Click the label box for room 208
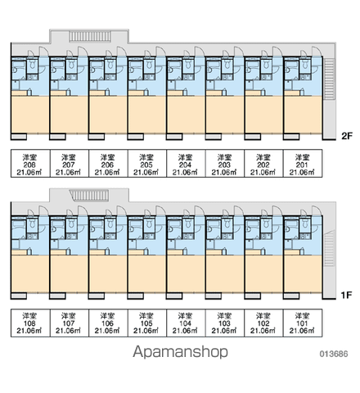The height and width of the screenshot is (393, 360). click(x=30, y=164)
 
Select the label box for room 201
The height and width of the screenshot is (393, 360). click(x=303, y=164)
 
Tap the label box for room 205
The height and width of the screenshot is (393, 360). click(x=147, y=164)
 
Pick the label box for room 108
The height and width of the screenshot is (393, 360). click(x=30, y=323)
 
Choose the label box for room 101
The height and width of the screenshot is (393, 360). click(x=303, y=323)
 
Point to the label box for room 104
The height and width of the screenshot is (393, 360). click(x=186, y=323)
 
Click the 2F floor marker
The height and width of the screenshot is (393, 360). click(x=347, y=136)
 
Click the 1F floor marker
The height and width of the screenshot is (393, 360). click(x=346, y=295)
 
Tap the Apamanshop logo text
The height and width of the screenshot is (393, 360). click(x=180, y=352)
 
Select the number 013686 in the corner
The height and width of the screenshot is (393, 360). click(x=334, y=354)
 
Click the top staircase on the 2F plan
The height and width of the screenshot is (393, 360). click(x=90, y=37)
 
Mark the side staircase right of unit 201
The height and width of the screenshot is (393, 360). click(x=329, y=79)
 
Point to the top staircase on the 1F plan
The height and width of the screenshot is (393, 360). click(x=90, y=196)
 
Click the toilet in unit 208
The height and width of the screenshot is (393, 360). click(x=33, y=65)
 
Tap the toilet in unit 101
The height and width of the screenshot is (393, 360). click(x=305, y=224)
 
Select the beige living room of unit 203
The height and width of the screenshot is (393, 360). click(x=225, y=115)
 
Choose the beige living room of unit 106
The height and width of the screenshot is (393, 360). click(x=108, y=274)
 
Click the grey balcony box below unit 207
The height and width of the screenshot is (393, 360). click(x=57, y=137)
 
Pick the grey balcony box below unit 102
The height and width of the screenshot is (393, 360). click(x=253, y=296)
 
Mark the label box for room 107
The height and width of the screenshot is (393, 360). click(x=70, y=323)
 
